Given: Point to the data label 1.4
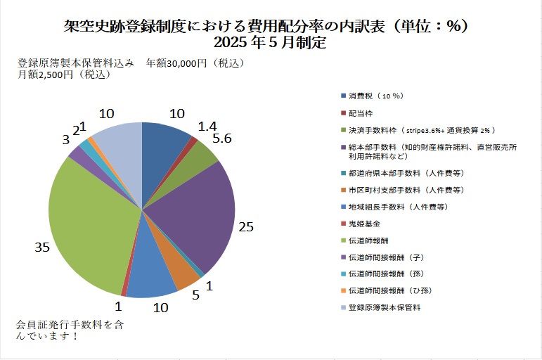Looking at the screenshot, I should pyautogui.click(x=207, y=127).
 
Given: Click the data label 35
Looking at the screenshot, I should pyautogui.click(x=42, y=247).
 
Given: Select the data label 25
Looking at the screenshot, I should pyautogui.click(x=245, y=227).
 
